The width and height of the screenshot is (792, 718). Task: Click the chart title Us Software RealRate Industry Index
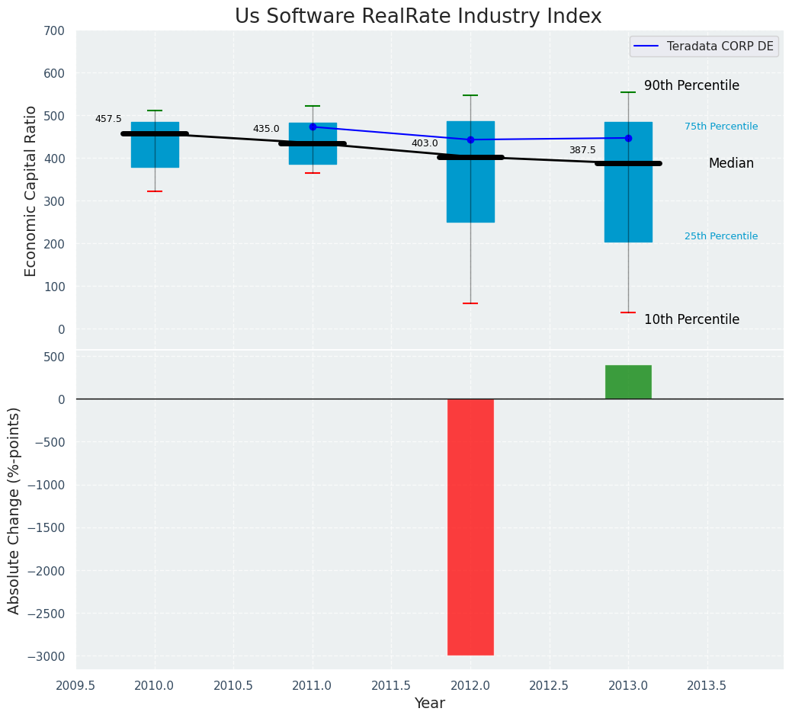click(x=418, y=17)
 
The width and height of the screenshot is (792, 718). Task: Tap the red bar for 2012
click(x=470, y=527)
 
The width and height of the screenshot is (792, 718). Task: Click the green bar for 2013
click(x=628, y=382)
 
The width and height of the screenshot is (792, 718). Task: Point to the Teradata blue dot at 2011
click(x=313, y=127)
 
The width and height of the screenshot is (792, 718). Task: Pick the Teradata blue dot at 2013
click(x=628, y=138)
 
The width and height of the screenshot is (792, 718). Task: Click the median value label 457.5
click(x=108, y=119)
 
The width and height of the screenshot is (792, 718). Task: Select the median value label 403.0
click(x=425, y=143)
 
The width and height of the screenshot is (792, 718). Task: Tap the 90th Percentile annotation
click(x=691, y=85)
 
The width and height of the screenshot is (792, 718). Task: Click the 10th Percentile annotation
click(x=691, y=319)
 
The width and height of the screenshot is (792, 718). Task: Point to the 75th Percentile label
click(x=721, y=127)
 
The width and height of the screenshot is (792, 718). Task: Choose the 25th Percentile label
click(x=721, y=236)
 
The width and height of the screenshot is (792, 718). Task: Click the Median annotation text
click(x=731, y=163)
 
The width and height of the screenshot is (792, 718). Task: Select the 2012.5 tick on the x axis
click(x=549, y=685)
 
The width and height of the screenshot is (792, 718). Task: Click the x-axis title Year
click(x=429, y=704)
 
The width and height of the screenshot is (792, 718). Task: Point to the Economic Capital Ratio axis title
click(x=30, y=191)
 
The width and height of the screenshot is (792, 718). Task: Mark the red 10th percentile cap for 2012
click(x=470, y=303)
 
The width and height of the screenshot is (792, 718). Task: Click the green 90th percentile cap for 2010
click(x=155, y=111)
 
